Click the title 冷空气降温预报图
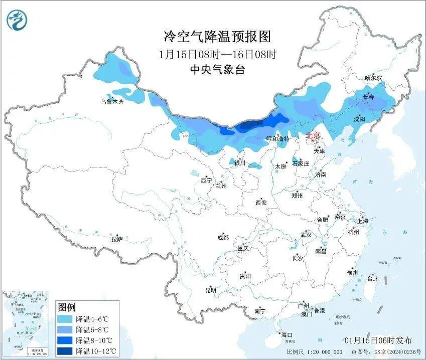[x=217, y=37]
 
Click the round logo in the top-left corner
[x=17, y=21]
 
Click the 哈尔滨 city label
[x=373, y=78]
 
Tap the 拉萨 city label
[x=117, y=239]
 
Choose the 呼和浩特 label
[x=277, y=139]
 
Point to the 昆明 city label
[x=210, y=290]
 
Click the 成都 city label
[x=223, y=238]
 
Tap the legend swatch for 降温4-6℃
[x=65, y=319]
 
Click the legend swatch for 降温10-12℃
[x=65, y=351]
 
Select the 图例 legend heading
[x=67, y=307]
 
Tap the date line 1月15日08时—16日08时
[x=217, y=54]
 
